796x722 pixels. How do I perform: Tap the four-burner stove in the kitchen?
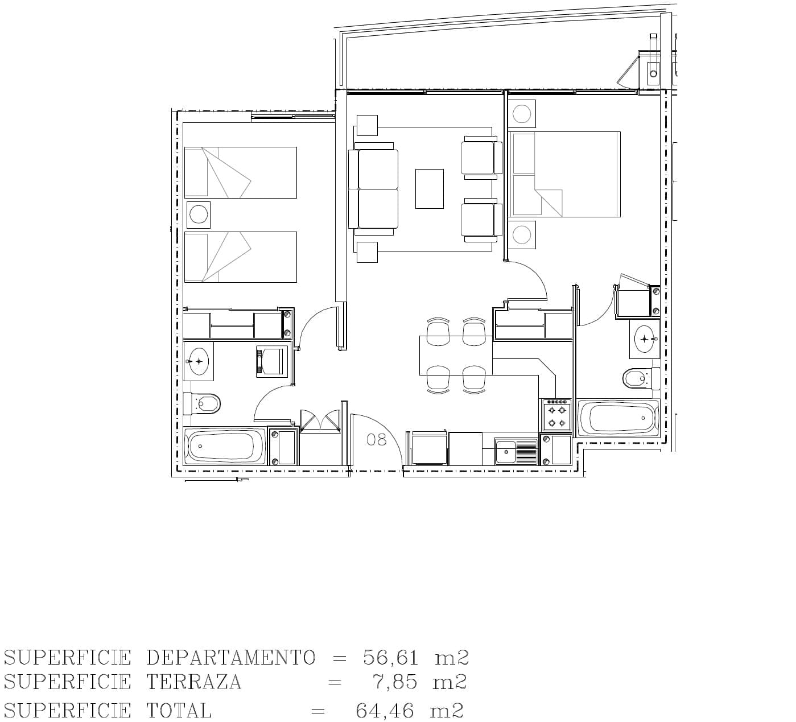[x=556, y=415]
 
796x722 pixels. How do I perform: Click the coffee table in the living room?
[x=430, y=188]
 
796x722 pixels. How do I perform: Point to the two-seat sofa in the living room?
[x=373, y=189]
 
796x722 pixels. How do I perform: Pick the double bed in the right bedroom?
[x=564, y=175]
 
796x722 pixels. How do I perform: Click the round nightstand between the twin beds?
[x=199, y=215]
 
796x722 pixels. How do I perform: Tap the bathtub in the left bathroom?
[x=225, y=446]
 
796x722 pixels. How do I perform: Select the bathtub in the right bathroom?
[x=618, y=418]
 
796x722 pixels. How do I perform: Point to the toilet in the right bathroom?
[x=641, y=378]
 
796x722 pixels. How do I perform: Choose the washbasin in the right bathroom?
[x=645, y=339]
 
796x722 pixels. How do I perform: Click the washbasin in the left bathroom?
[x=199, y=361]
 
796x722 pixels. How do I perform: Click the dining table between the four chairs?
[x=456, y=355]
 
